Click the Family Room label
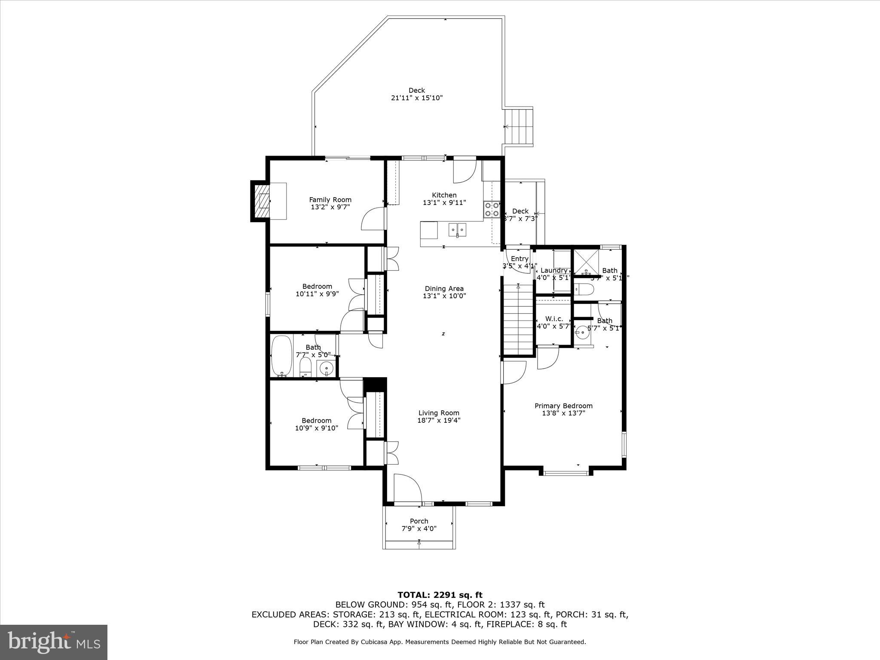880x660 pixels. coord(330,200)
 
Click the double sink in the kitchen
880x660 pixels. coord(458,230)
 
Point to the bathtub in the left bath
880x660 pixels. coord(281,355)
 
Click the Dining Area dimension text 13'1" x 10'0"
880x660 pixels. coord(444,296)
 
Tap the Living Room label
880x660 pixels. coord(439,413)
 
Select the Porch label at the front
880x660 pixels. coord(419,521)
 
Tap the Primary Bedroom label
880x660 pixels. coord(563,406)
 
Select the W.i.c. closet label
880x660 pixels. coord(554,319)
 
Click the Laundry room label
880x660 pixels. coord(553,270)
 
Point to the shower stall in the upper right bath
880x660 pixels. coord(586,262)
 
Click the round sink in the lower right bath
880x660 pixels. coord(582,332)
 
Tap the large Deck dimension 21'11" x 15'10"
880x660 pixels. coord(416,98)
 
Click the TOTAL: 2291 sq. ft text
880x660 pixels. coord(440,595)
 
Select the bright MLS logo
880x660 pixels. coord(54,642)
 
